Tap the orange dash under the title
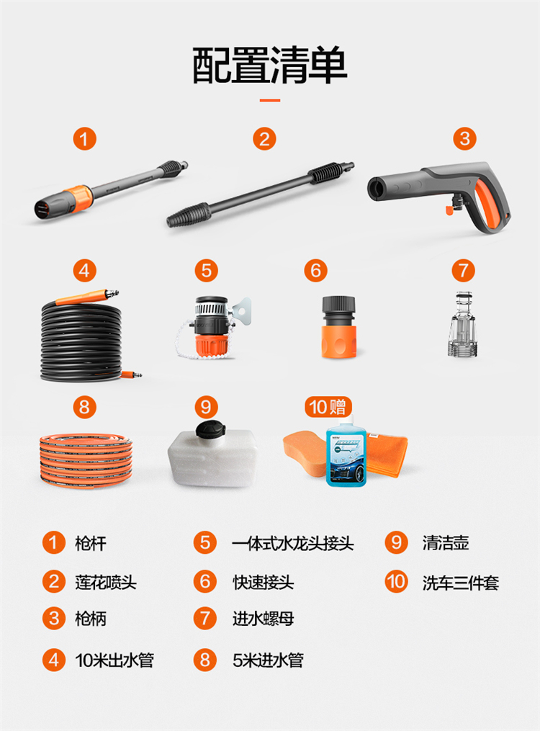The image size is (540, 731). (270, 100)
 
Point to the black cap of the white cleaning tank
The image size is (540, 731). (210, 429)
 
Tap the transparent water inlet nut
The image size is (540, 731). (463, 325)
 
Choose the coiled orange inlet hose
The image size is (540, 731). (86, 460)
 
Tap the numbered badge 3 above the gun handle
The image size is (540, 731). (464, 139)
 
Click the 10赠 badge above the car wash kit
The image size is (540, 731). (328, 407)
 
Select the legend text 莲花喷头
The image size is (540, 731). (106, 583)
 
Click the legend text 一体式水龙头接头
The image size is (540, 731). (293, 544)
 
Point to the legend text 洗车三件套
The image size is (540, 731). (460, 583)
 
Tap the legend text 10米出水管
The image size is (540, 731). (114, 660)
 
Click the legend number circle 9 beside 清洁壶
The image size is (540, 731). (397, 542)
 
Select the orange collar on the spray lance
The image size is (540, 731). (76, 197)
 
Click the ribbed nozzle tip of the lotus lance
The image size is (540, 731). (189, 214)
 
